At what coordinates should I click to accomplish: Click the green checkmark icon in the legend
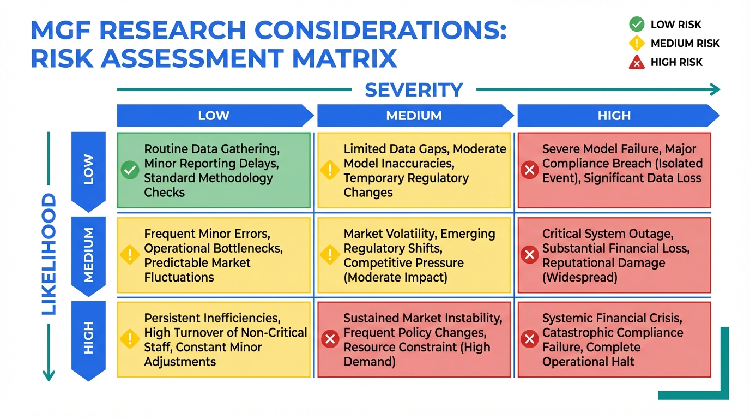click(637, 24)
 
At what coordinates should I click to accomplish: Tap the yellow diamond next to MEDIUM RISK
click(637, 43)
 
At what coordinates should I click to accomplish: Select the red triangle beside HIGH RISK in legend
click(637, 62)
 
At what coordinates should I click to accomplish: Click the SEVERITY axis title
click(414, 90)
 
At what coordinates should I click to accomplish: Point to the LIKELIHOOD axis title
click(49, 254)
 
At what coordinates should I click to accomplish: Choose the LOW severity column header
click(214, 116)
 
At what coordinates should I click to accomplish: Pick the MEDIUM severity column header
click(414, 116)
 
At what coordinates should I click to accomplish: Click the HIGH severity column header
click(614, 116)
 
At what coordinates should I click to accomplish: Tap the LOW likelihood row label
click(88, 169)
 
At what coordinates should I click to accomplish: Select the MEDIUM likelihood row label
click(88, 255)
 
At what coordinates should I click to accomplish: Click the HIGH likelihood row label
click(88, 338)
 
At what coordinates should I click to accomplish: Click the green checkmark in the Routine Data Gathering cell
click(130, 170)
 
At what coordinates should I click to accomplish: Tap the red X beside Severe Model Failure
click(529, 170)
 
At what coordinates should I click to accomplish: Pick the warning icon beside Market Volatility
click(330, 254)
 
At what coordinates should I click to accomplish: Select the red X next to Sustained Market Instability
click(330, 339)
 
